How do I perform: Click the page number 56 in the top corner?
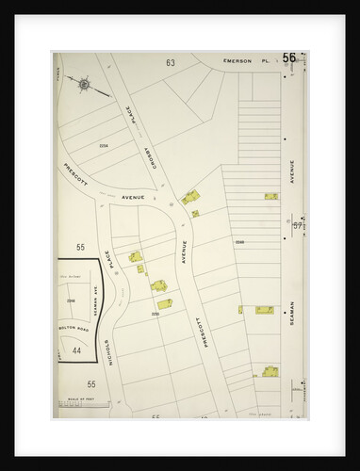(x=288, y=58)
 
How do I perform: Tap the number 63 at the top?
(x=171, y=63)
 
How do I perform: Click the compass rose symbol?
(x=85, y=84)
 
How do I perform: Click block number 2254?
(x=104, y=145)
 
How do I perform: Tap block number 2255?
(x=155, y=314)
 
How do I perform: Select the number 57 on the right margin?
(x=297, y=226)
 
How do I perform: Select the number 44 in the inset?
(x=78, y=349)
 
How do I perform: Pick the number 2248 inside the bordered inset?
(x=70, y=300)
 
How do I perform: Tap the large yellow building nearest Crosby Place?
(x=191, y=197)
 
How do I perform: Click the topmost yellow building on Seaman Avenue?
(x=271, y=196)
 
